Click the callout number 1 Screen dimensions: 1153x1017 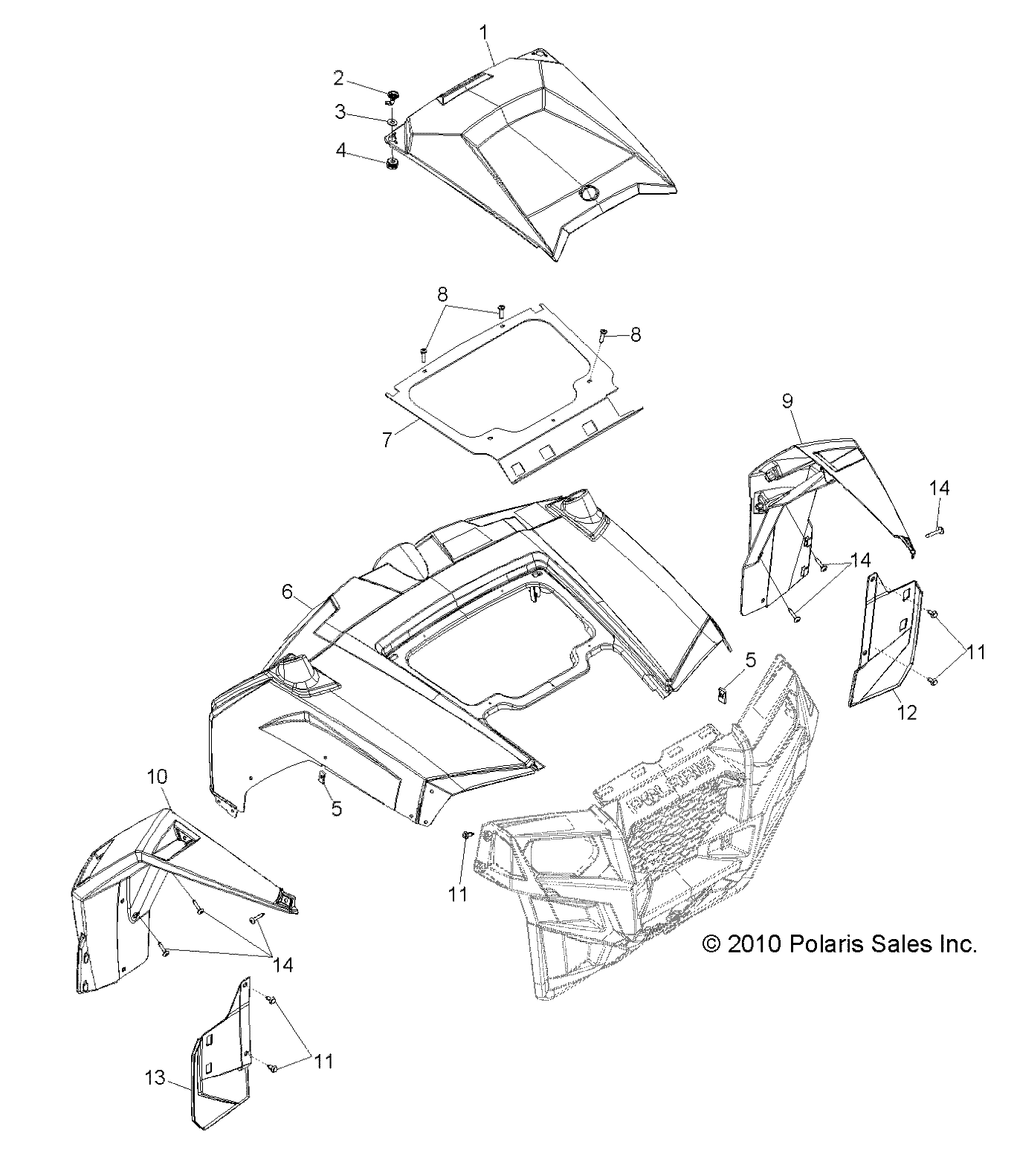[484, 33]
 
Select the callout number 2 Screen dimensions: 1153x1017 [338, 77]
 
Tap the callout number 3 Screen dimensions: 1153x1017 [340, 112]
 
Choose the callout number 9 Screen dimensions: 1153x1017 [787, 401]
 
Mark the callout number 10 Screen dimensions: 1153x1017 [158, 778]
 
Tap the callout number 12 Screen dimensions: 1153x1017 [908, 712]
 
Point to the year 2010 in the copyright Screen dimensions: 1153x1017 [753, 944]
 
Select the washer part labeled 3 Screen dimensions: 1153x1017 [391, 121]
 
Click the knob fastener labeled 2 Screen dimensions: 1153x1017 [392, 95]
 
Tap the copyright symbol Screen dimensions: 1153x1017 [711, 944]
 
